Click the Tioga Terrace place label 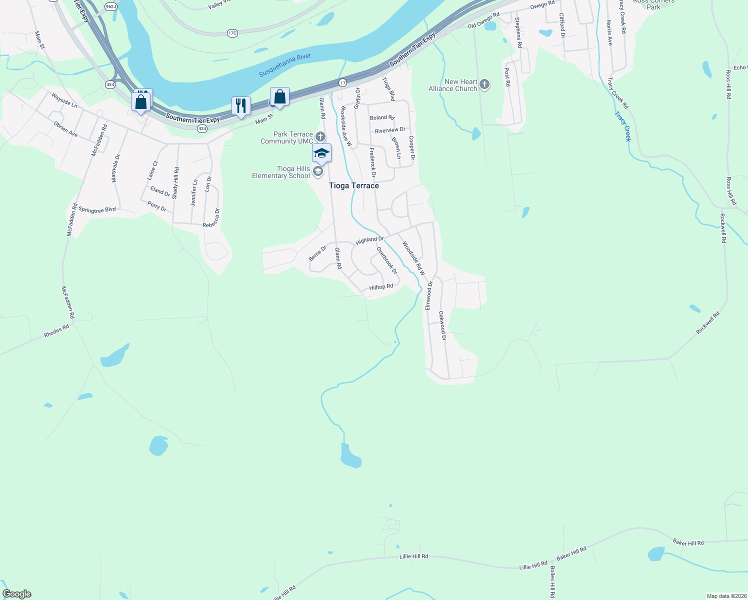tap(354, 185)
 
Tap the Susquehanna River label tap(285, 65)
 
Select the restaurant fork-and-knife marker tap(241, 106)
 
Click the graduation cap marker tap(321, 153)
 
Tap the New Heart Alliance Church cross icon tap(484, 84)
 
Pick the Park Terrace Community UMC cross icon tap(320, 136)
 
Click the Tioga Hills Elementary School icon tap(317, 172)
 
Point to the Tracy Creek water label tap(623, 126)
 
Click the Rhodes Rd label tap(56, 331)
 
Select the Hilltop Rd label tap(381, 287)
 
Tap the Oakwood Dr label tap(442, 325)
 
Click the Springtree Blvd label tap(97, 210)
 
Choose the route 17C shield tap(232, 33)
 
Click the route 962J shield tap(111, 6)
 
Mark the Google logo tap(17, 594)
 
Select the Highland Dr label tap(369, 240)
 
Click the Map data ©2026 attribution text tap(726, 596)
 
